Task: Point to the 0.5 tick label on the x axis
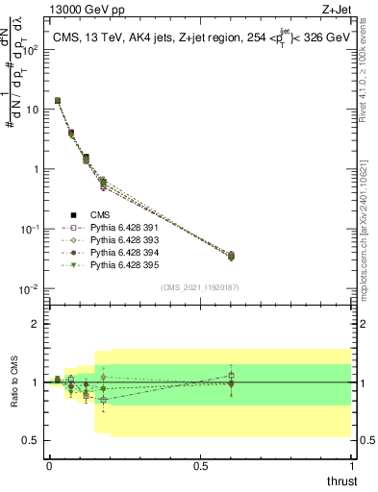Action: point(201,466)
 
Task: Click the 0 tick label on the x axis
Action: point(49,466)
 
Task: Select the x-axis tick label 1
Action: point(353,466)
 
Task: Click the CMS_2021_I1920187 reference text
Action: point(200,287)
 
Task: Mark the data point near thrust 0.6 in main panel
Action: point(231,256)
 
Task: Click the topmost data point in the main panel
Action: point(58,100)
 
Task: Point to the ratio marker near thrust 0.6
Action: point(231,382)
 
